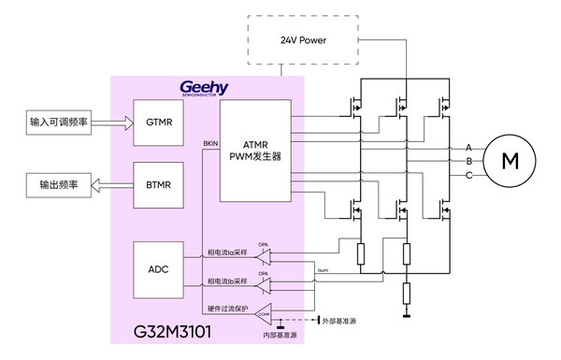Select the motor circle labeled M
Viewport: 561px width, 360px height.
pos(510,161)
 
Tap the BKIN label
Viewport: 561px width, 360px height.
pos(210,141)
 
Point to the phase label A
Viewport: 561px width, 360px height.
pos(468,148)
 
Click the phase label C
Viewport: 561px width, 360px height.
pos(468,175)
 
